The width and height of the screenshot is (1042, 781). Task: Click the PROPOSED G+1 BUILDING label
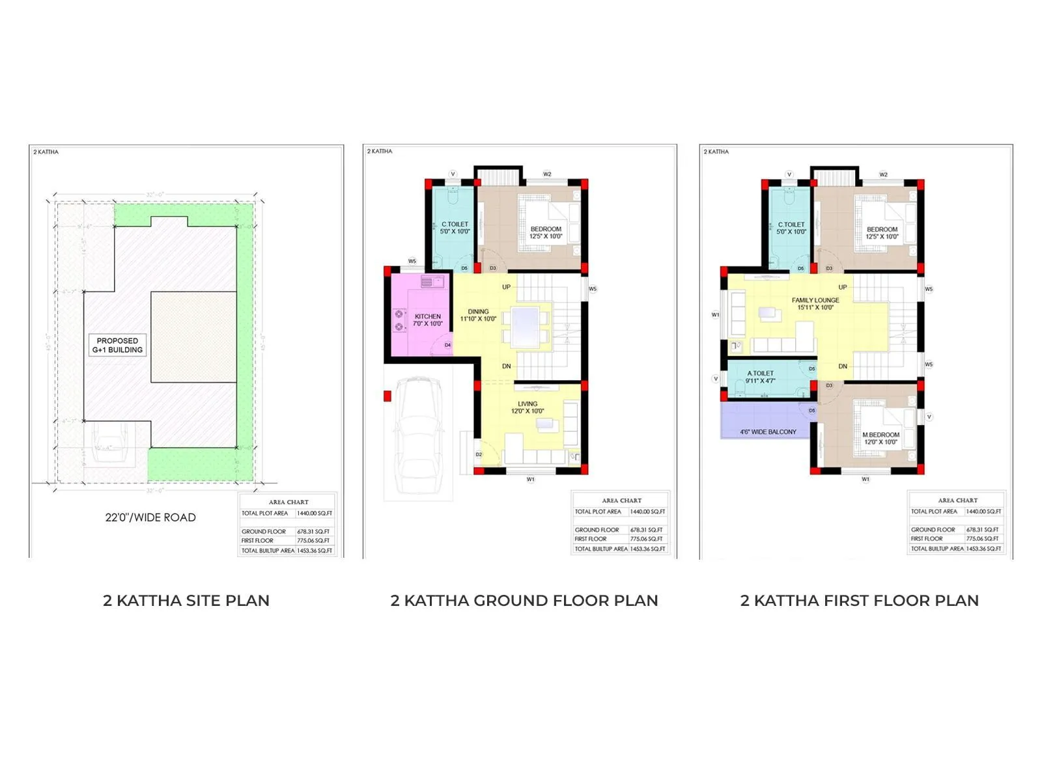click(x=117, y=345)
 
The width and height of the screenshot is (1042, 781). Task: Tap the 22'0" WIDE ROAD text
click(x=150, y=517)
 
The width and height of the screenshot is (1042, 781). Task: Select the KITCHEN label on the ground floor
click(x=427, y=320)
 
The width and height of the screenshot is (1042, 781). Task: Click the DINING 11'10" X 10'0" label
click(x=478, y=315)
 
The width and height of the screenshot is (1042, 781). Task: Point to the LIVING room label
click(x=528, y=407)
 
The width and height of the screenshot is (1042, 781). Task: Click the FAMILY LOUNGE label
click(x=815, y=304)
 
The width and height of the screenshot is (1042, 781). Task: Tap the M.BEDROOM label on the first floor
click(x=880, y=438)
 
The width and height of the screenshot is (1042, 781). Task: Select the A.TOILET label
click(x=761, y=377)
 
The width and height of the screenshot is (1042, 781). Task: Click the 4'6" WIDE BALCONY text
click(x=768, y=432)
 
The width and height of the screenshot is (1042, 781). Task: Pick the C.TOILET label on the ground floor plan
click(x=455, y=227)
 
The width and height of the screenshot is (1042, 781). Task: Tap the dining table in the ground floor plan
click(x=525, y=325)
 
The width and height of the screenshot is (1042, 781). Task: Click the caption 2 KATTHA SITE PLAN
click(x=186, y=600)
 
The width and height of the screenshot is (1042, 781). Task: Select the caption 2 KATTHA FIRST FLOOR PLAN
click(x=859, y=600)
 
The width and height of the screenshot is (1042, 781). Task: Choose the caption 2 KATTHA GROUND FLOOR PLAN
click(x=524, y=600)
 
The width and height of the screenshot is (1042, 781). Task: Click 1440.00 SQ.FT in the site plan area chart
click(x=315, y=514)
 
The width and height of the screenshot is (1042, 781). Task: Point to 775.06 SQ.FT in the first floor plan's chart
click(x=983, y=539)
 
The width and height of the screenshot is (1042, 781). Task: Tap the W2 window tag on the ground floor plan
click(x=547, y=174)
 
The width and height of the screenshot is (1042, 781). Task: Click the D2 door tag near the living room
click(x=479, y=454)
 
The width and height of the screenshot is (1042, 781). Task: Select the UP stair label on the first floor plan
click(x=843, y=287)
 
